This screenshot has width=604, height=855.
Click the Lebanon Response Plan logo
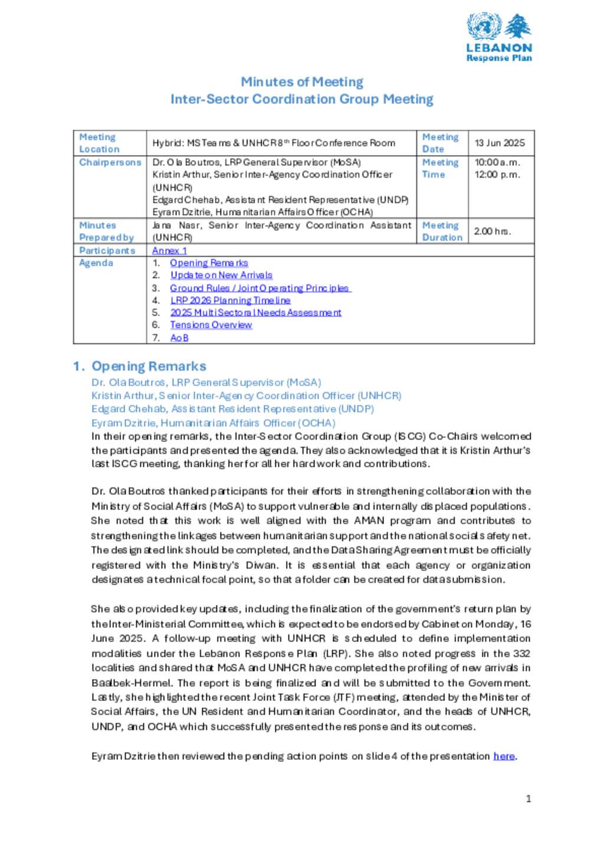tap(499, 37)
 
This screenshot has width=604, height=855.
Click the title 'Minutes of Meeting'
tap(301, 81)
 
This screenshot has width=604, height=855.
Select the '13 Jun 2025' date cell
tap(500, 143)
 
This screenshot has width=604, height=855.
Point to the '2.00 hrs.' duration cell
tap(492, 231)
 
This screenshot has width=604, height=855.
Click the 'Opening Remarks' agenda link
tap(209, 263)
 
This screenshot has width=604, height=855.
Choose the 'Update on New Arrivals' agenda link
tap(221, 276)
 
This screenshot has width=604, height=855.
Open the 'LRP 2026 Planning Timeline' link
tap(230, 300)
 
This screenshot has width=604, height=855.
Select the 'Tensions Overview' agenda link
tap(211, 325)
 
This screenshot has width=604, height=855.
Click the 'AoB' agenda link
tap(179, 338)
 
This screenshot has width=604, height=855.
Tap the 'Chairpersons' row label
tap(110, 162)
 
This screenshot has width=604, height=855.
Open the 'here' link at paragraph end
tap(504, 756)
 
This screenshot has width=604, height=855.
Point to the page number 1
tap(528, 799)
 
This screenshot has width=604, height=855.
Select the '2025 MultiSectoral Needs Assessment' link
tap(255, 313)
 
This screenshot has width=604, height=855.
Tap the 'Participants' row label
tap(107, 251)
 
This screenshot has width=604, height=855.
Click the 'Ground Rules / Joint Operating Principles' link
tap(260, 288)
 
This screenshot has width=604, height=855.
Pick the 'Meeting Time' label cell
tap(440, 168)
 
